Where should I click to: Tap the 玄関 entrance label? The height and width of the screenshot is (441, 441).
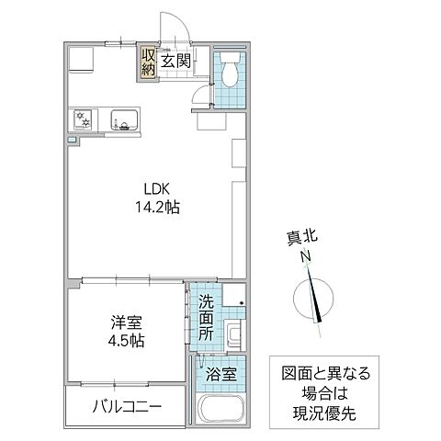tap(175, 62)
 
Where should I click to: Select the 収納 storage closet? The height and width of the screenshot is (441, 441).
tap(148, 61)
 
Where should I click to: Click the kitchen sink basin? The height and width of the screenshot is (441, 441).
tap(123, 120)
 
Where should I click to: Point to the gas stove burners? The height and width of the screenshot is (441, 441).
tap(84, 119)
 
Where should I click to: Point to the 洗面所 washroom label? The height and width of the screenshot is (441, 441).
tap(208, 316)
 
